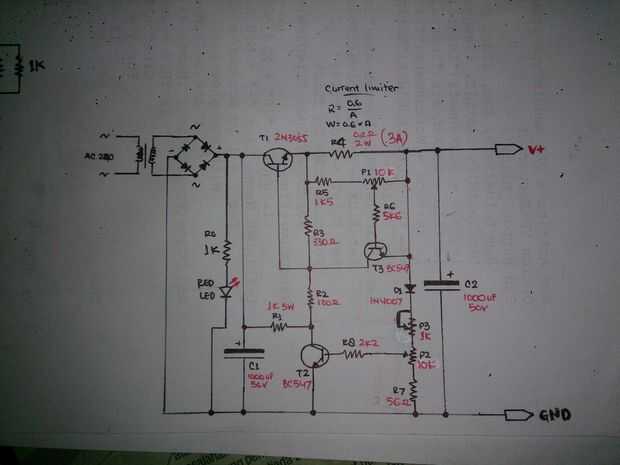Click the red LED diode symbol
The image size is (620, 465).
227,293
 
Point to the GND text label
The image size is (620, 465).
556,415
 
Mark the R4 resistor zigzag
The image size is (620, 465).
343,155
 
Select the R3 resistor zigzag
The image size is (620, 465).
309,230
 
